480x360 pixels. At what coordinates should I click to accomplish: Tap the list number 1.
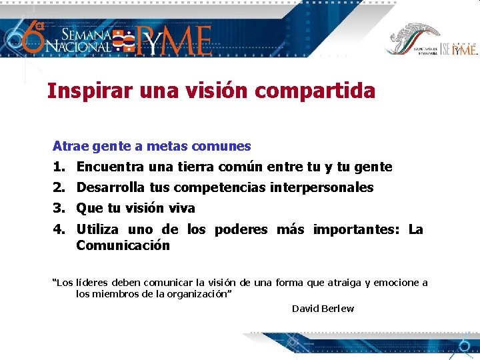tap(59, 167)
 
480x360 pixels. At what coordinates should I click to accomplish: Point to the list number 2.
tap(59, 188)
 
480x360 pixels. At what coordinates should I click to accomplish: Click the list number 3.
tap(59, 209)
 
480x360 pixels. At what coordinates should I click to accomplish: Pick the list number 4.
tap(59, 230)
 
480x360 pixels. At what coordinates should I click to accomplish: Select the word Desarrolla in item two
tap(109, 188)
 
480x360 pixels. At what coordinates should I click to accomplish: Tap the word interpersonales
tap(322, 188)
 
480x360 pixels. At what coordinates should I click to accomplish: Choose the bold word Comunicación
tap(123, 245)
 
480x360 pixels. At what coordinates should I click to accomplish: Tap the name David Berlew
tap(323, 309)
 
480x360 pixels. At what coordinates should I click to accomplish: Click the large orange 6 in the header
tap(31, 37)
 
